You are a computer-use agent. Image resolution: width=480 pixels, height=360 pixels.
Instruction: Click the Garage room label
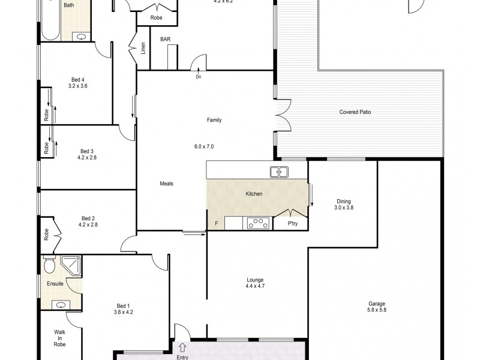click(376, 304)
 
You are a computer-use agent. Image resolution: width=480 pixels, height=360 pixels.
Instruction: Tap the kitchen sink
click(279, 172)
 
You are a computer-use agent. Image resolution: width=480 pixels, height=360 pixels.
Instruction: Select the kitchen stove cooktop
click(259, 223)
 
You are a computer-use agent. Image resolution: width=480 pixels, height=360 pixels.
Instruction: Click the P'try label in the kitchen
click(293, 223)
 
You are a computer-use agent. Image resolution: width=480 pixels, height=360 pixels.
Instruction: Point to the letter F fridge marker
click(216, 224)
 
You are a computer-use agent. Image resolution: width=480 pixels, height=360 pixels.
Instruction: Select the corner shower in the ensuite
click(73, 265)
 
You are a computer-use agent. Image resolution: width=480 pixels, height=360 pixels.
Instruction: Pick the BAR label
click(165, 39)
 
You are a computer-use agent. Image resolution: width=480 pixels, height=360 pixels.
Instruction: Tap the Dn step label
click(198, 76)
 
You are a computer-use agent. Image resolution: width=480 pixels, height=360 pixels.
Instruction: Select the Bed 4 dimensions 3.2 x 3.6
click(78, 86)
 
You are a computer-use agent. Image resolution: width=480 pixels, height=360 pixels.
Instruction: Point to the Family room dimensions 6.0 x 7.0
click(204, 146)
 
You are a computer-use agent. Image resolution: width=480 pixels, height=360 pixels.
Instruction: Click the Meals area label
click(166, 184)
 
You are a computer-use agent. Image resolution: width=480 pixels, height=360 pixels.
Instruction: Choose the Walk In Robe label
click(59, 339)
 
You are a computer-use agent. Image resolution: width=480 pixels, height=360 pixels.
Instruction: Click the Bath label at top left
click(69, 5)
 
